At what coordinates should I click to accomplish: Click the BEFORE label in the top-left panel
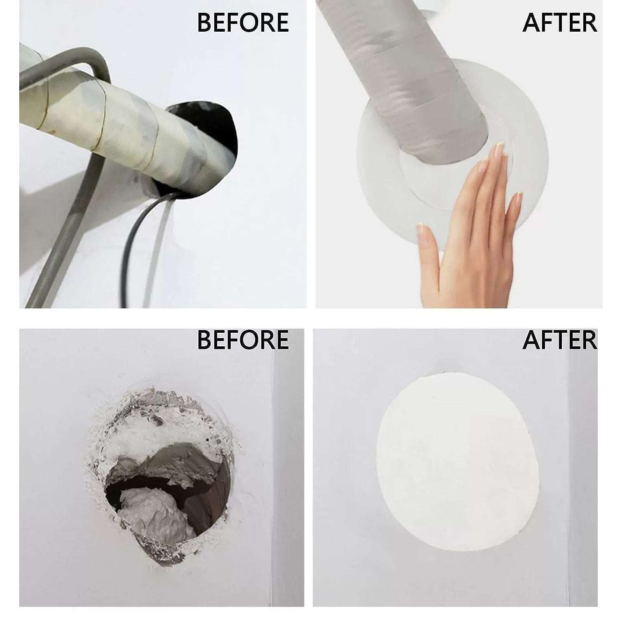pos(243,23)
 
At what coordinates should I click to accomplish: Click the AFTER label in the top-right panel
pos(559,23)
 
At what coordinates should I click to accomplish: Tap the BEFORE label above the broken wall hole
pos(243,340)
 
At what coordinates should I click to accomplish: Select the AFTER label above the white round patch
pos(559,340)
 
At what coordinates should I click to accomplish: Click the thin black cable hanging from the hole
pos(132,243)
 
